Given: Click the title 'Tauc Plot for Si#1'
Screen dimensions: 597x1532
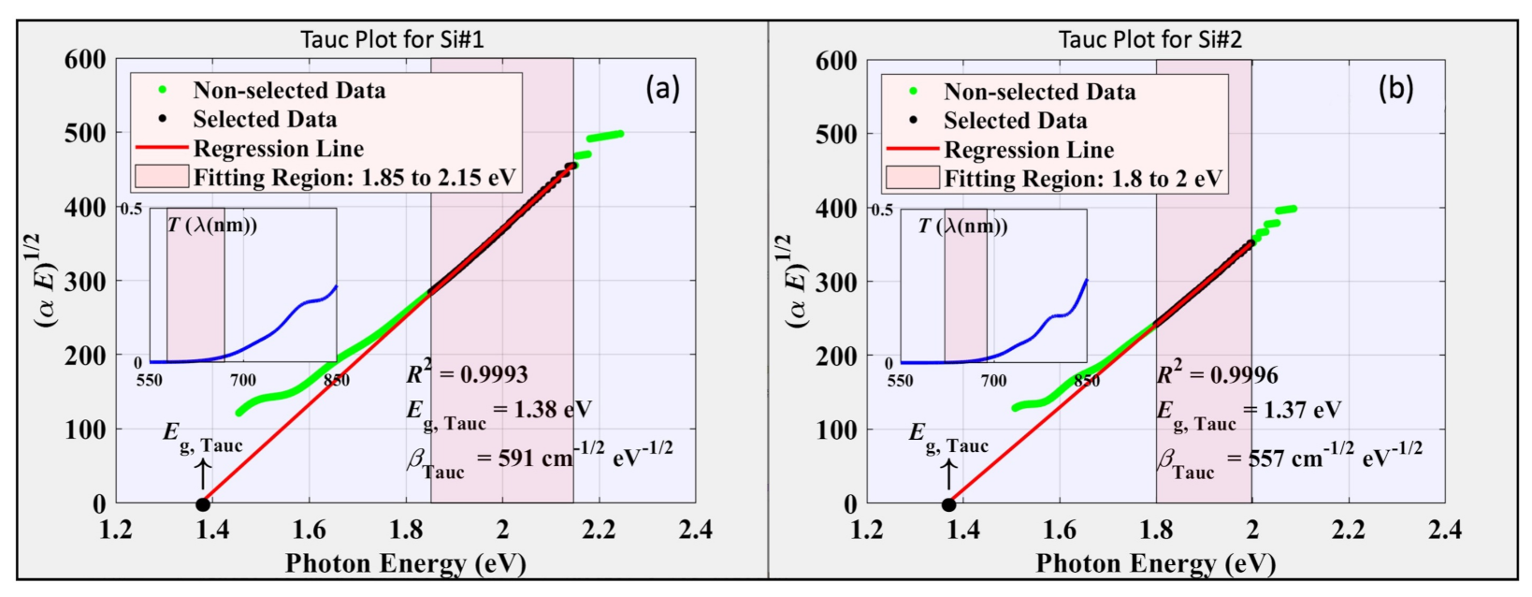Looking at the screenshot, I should coord(392,39).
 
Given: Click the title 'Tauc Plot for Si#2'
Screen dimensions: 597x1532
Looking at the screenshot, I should coord(1149,40).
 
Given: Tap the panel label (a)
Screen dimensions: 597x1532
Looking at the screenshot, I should coord(662,89).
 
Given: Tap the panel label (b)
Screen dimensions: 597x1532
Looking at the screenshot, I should coord(1395,89).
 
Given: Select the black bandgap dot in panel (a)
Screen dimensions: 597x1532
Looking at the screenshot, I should coord(203,504).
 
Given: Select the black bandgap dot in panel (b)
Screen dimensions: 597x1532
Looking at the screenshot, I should coord(948,504).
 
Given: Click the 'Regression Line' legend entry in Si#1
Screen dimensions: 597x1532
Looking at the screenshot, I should coord(278,149).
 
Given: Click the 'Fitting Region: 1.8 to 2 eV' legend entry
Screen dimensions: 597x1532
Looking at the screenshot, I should coord(1082,179).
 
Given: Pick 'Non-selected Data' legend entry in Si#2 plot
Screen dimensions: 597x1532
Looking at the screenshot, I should coord(1039,92).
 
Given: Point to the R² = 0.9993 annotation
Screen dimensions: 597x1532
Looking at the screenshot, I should coord(467,373).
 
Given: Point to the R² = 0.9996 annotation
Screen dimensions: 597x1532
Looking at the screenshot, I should coord(1217,374).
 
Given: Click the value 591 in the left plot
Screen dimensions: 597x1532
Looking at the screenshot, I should coord(520,459).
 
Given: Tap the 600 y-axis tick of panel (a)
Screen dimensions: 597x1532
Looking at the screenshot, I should coord(84,60).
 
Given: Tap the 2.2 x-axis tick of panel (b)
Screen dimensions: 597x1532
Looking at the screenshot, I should coord(1348,531).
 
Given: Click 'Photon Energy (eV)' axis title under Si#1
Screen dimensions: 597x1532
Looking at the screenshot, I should coord(405,563).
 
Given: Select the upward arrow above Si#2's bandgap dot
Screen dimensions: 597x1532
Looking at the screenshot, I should coord(948,473).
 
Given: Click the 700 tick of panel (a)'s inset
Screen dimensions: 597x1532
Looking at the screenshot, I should coord(243,380).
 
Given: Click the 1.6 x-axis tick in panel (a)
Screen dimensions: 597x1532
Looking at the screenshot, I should coord(309,531).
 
